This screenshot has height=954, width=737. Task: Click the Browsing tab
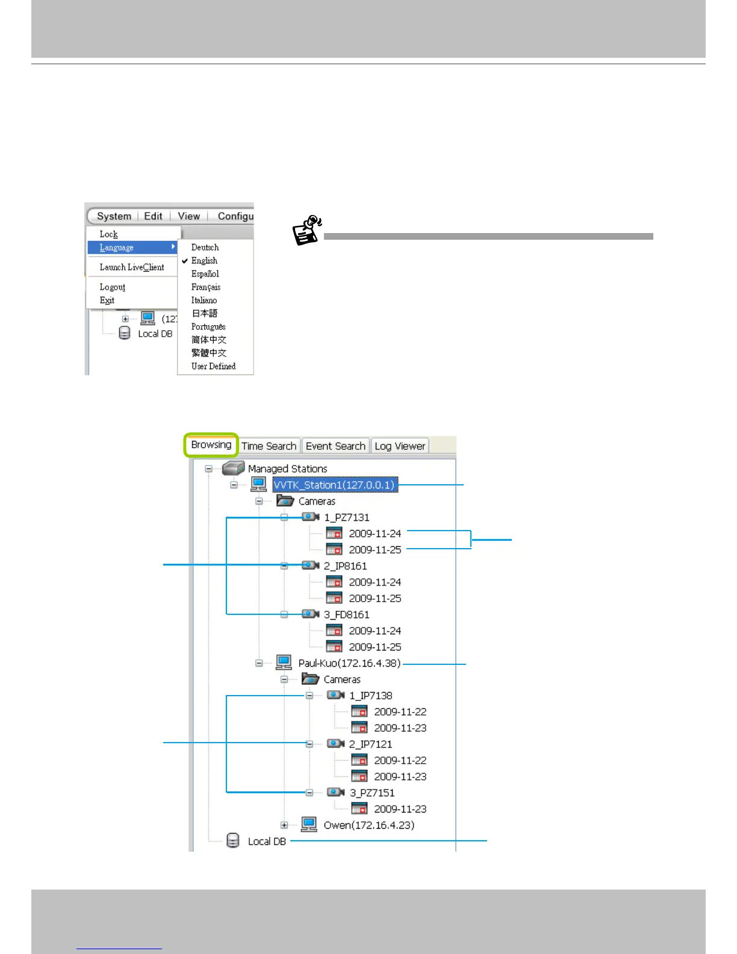(x=211, y=445)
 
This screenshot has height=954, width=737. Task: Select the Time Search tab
(x=269, y=446)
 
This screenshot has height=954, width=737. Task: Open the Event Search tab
(x=335, y=446)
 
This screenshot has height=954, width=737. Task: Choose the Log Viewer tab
(x=400, y=446)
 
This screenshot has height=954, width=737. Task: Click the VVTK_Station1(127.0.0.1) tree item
(x=334, y=485)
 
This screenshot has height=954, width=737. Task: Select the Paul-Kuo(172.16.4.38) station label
(x=349, y=663)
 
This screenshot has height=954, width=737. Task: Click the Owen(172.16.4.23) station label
(x=368, y=825)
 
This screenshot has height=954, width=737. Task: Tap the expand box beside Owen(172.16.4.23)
(x=284, y=825)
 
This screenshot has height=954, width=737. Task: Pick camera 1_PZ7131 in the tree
(x=346, y=517)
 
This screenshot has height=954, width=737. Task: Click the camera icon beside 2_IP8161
(x=310, y=566)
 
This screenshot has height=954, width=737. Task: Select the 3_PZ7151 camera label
(x=372, y=793)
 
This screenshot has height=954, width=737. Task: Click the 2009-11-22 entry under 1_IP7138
(x=400, y=712)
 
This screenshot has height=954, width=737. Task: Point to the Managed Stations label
(x=287, y=469)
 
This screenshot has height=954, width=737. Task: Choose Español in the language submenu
(x=205, y=274)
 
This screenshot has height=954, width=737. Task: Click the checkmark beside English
(x=185, y=261)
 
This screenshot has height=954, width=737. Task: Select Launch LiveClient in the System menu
(x=132, y=267)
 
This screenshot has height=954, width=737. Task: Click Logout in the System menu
(x=113, y=287)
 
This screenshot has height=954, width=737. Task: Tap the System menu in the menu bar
(x=114, y=216)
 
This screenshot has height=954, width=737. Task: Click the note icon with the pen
(x=307, y=230)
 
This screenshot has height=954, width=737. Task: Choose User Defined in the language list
(x=213, y=366)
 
